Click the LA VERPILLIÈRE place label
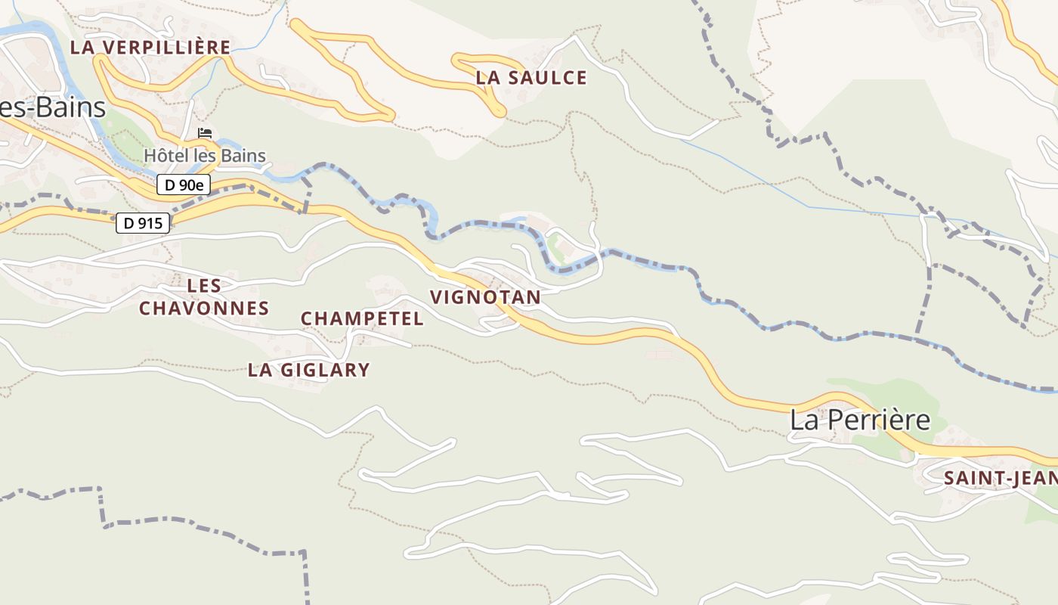(x=150, y=47)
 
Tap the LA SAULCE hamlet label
(x=531, y=77)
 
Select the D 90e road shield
(x=184, y=185)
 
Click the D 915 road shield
(x=143, y=223)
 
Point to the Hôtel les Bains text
(x=205, y=157)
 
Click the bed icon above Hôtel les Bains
(x=205, y=134)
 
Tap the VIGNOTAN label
(x=485, y=297)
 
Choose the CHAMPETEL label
(x=362, y=318)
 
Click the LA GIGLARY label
(x=309, y=370)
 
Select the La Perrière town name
(x=860, y=420)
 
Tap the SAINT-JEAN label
(x=1000, y=478)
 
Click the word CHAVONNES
(x=204, y=309)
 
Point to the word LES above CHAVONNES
(x=204, y=286)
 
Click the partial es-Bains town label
(x=52, y=107)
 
